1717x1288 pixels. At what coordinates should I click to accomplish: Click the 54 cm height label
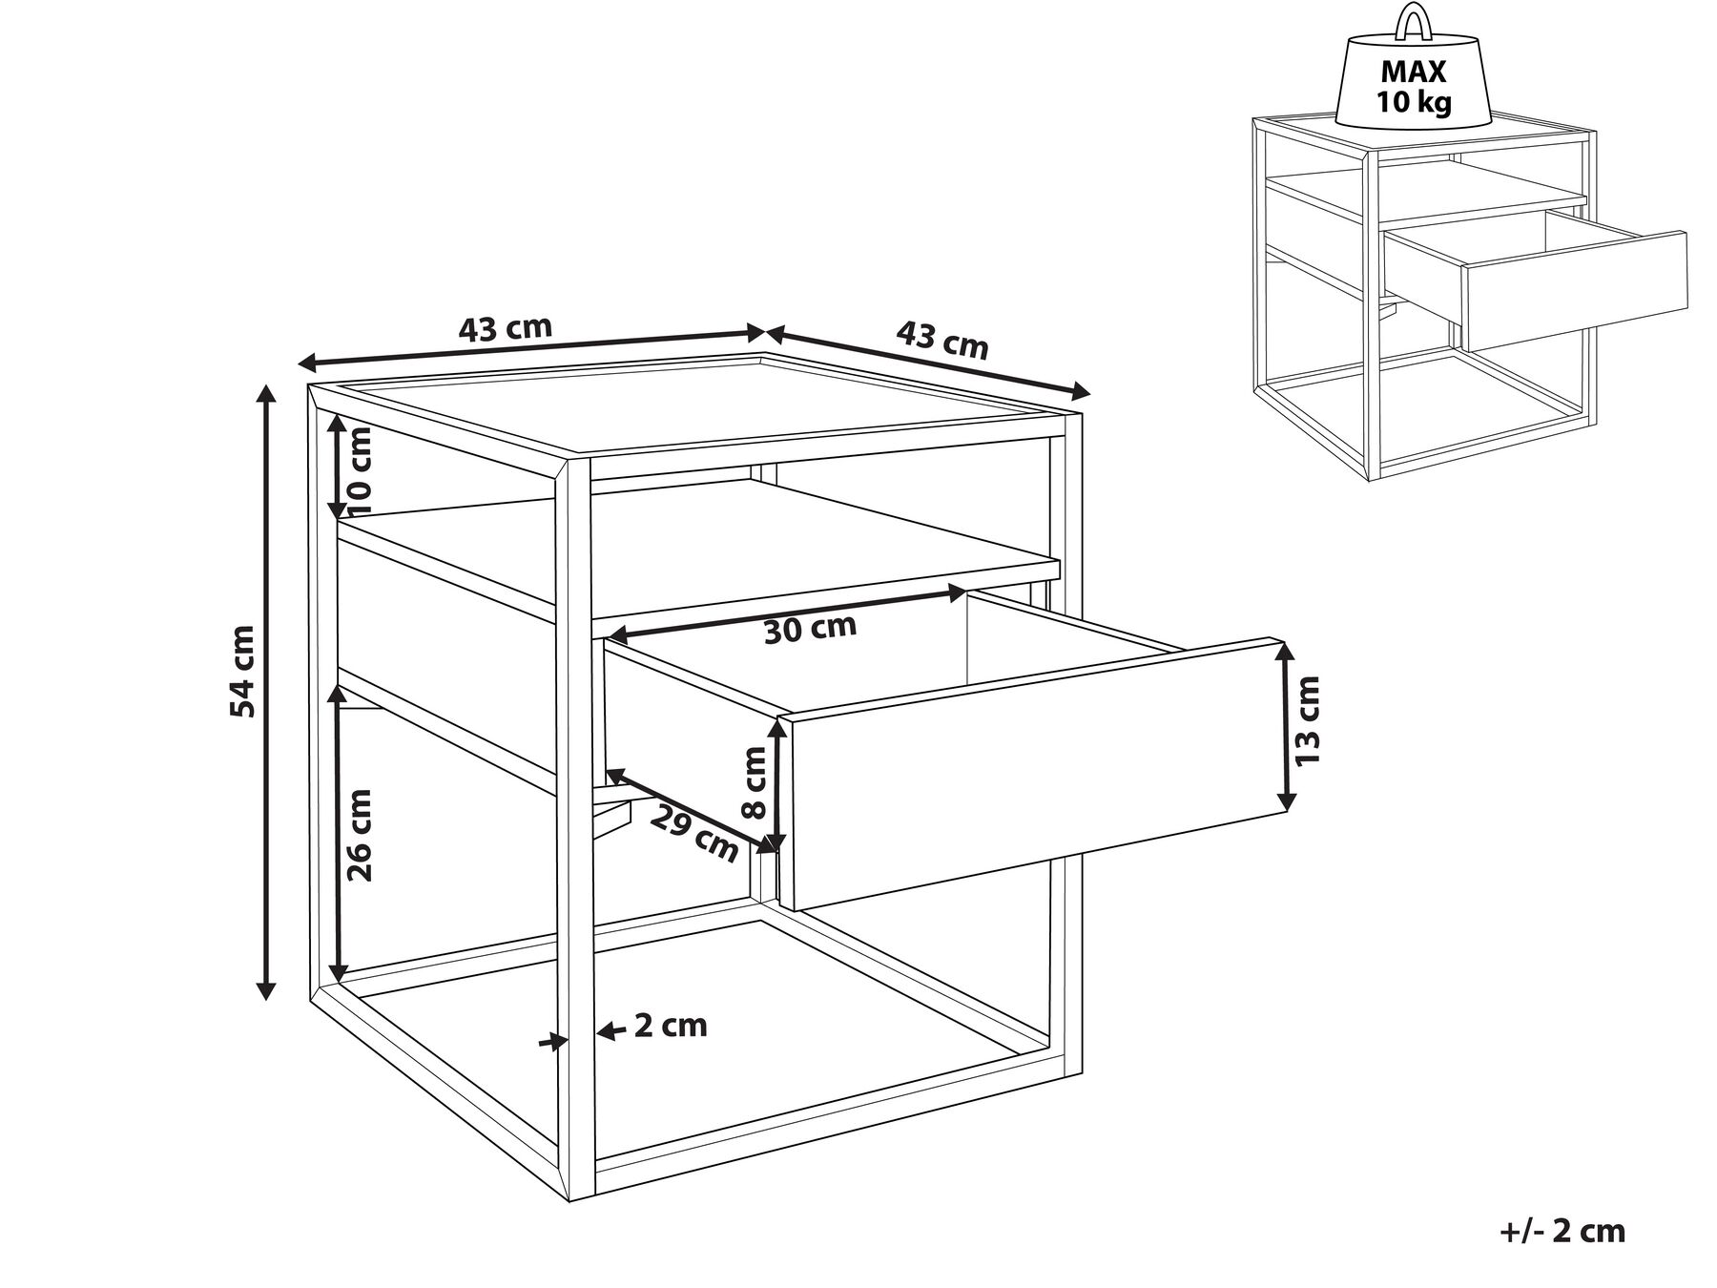(x=244, y=672)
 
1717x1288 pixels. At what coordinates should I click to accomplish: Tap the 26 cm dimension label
(x=360, y=835)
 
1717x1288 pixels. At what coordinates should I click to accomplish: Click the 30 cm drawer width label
(x=810, y=629)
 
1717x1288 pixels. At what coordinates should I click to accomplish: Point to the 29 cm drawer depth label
(x=694, y=831)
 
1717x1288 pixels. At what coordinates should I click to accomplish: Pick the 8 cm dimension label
(x=754, y=782)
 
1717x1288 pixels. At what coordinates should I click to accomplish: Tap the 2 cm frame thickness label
(x=671, y=1026)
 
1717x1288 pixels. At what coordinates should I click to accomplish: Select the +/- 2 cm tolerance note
(x=1562, y=1231)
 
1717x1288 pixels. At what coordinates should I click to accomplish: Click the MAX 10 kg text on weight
(x=1414, y=86)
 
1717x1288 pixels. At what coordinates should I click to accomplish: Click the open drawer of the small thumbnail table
(x=1574, y=291)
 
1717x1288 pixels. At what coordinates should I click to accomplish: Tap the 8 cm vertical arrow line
(x=777, y=782)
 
